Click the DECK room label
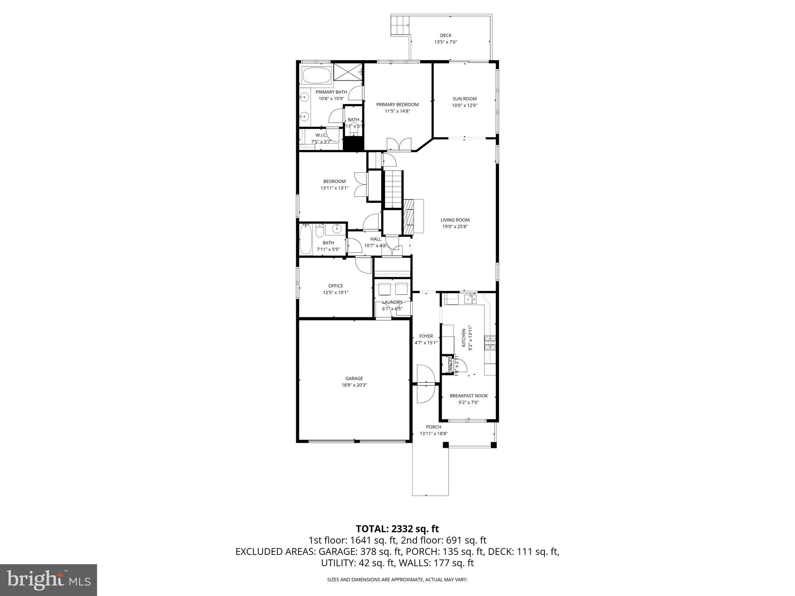coord(445,35)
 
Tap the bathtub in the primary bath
coord(317,76)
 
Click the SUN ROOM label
coord(464,99)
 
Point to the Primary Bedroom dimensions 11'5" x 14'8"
coord(397,111)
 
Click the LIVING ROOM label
coord(455,220)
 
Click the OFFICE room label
coord(335,286)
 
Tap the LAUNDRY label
coord(392,302)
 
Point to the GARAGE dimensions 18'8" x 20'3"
coord(354,385)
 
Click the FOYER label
coord(426,336)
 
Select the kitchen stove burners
coord(490,343)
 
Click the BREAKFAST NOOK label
coord(469,396)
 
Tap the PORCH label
coord(433,427)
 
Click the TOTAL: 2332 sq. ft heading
coord(397,528)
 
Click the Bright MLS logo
coord(49,580)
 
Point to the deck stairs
coord(400,26)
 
